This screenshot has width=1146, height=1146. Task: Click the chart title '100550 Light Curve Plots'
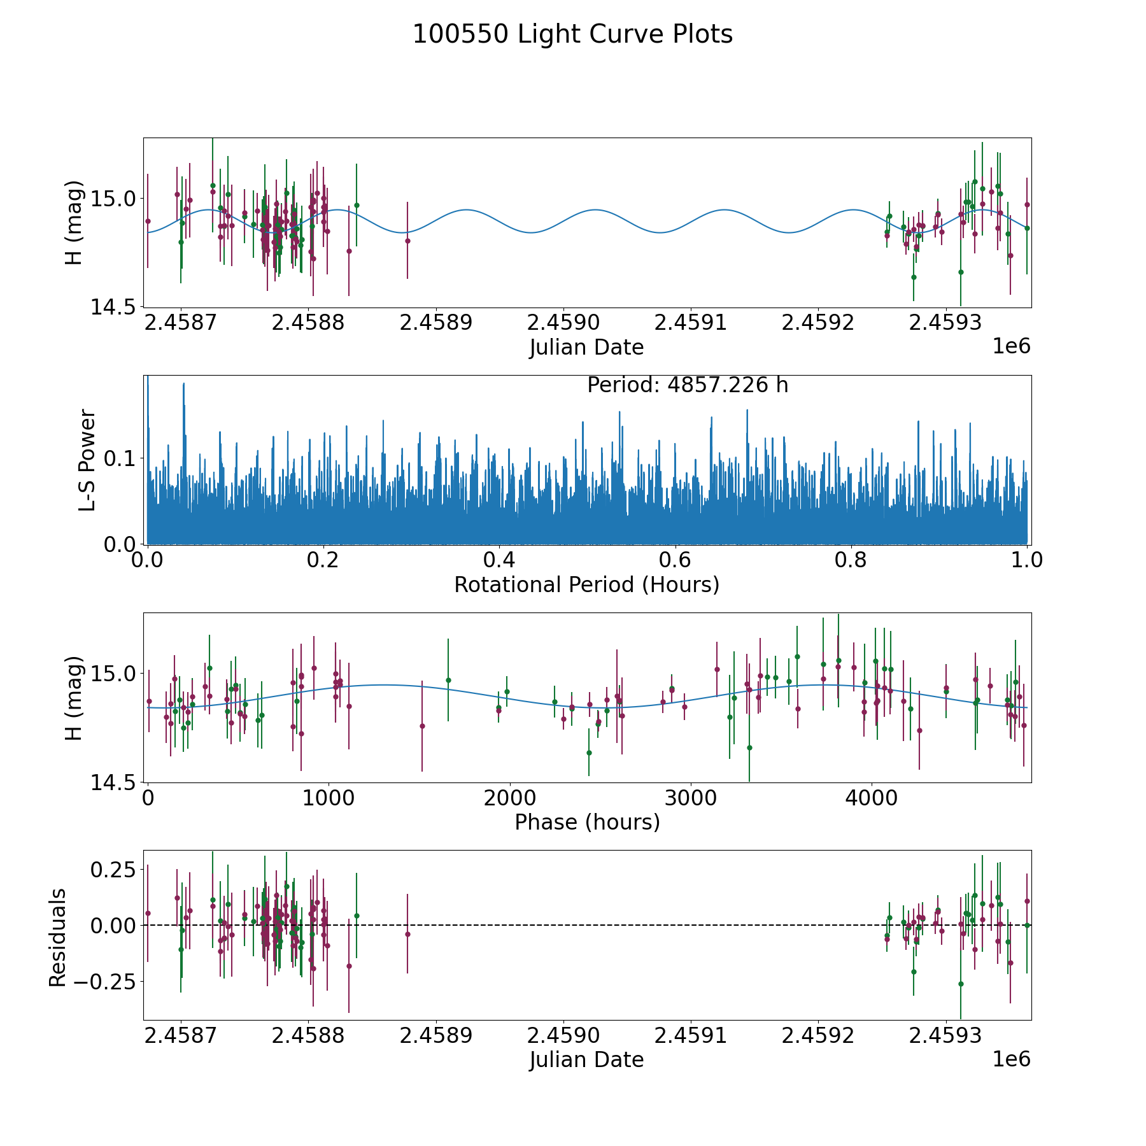click(x=572, y=34)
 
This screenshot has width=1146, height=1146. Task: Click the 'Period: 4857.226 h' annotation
click(x=688, y=385)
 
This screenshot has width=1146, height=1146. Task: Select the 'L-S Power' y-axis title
click(x=87, y=460)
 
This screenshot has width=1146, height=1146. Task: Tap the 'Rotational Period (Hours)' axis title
click(x=586, y=584)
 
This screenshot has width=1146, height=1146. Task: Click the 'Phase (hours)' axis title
click(x=587, y=822)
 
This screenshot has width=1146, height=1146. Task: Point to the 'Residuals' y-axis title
click(x=58, y=938)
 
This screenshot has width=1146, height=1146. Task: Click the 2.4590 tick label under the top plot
click(x=563, y=323)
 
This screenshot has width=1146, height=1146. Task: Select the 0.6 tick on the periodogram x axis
click(x=675, y=560)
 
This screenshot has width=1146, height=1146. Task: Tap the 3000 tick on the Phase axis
click(x=690, y=798)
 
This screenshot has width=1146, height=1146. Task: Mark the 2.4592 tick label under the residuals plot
click(x=817, y=1035)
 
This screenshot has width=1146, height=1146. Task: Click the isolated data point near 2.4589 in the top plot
click(x=407, y=241)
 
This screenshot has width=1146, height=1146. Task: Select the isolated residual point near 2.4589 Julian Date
click(x=407, y=934)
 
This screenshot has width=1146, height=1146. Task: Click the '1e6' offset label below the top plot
click(x=1011, y=346)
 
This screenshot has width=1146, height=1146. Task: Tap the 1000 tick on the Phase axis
click(x=329, y=798)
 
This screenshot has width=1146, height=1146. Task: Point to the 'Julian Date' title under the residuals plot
click(x=586, y=1060)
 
